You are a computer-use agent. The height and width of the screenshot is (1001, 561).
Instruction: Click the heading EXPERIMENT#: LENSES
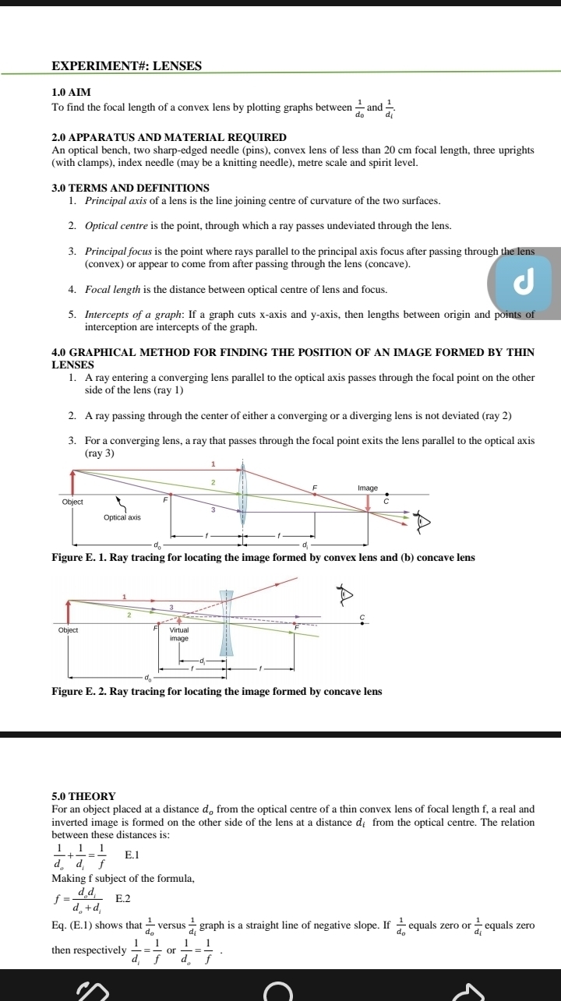pos(126,66)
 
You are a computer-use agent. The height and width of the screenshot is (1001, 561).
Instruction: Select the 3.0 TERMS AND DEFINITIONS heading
pos(130,188)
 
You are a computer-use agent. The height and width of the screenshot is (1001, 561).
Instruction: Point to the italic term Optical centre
pos(115,226)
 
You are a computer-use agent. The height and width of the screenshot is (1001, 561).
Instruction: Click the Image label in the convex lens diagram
pos(368,488)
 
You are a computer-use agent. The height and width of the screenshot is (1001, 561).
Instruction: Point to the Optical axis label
pos(122,517)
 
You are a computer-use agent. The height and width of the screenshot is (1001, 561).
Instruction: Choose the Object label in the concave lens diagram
pos(69,629)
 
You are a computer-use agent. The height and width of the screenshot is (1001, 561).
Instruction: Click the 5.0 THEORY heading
pos(83,796)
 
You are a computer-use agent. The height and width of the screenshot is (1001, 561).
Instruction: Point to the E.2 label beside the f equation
pos(123,899)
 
